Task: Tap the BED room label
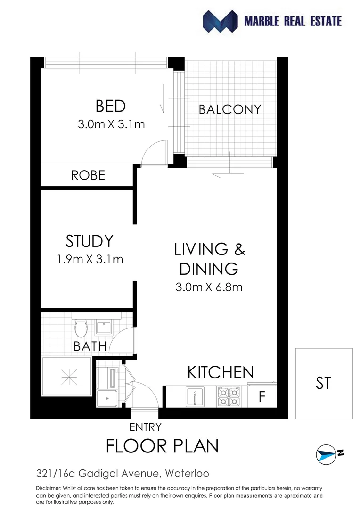point(111,106)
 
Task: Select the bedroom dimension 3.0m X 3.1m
point(111,124)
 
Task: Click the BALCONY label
point(229,109)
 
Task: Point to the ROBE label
point(88,175)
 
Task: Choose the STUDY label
point(90,241)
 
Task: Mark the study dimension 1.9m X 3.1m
point(90,259)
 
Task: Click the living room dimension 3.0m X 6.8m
point(209,287)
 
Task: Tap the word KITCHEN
point(221,372)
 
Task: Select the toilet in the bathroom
point(81,325)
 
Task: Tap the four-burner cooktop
point(229,396)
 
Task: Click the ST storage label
point(324,383)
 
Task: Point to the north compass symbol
point(329,454)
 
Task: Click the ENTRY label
point(146,427)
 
